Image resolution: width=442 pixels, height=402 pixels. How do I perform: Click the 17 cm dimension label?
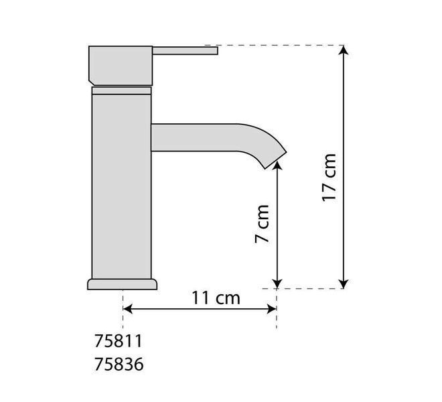click(329, 178)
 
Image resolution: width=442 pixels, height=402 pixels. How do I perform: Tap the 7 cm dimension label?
click(262, 224)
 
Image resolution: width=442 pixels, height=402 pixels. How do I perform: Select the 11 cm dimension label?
click(216, 298)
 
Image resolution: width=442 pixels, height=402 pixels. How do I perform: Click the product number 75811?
click(119, 341)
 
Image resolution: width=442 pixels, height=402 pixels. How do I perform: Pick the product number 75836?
click(119, 364)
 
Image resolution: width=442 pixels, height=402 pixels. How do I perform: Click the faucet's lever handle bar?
click(186, 51)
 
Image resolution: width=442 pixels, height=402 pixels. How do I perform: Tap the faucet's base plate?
click(123, 284)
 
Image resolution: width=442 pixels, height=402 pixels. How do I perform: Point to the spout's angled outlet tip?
click(276, 160)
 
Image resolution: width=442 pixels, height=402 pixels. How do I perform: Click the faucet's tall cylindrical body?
click(122, 187)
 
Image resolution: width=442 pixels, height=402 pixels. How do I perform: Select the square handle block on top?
click(121, 66)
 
